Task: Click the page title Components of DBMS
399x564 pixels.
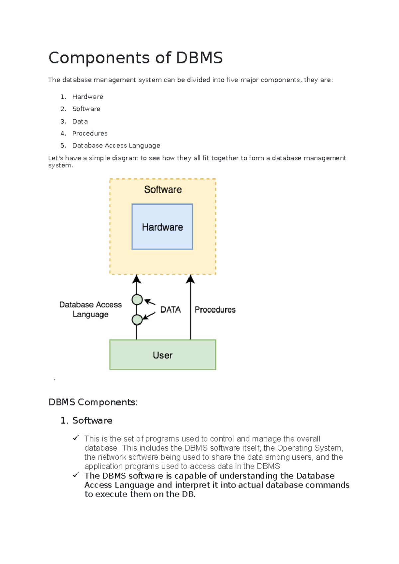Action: tap(135, 58)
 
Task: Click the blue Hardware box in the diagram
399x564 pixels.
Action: tap(162, 227)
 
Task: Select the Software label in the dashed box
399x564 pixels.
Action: tap(163, 190)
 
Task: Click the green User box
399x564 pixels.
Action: tap(163, 355)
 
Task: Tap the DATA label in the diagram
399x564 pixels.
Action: tap(171, 310)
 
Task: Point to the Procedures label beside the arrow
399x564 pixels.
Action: tap(215, 310)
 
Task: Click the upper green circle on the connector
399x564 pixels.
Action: tap(137, 300)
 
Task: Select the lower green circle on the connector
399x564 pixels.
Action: tap(137, 320)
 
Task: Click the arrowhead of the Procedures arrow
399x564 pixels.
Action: tap(190, 279)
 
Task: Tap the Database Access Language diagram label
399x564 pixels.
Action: tap(90, 310)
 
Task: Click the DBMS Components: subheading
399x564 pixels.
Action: tap(93, 402)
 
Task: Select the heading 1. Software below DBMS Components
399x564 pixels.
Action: tap(86, 420)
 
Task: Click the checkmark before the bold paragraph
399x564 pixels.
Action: tap(76, 475)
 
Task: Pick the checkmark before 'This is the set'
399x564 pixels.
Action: tap(76, 438)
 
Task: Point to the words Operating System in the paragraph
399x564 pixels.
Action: tap(309, 448)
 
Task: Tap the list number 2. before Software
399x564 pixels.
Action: tap(63, 109)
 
